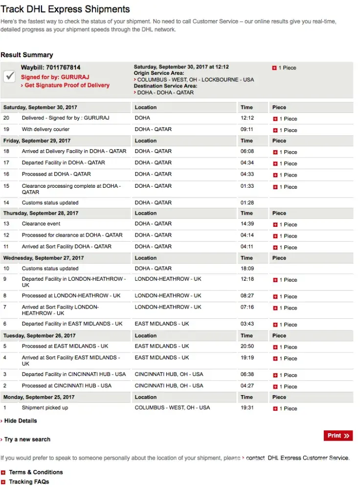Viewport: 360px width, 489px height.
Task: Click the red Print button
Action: pos(338,436)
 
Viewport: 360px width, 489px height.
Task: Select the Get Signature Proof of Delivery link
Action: pos(67,85)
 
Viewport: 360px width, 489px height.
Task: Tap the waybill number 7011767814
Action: pos(63,67)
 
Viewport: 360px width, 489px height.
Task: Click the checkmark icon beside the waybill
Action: pos(10,76)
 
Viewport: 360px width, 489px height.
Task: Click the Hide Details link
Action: pos(20,421)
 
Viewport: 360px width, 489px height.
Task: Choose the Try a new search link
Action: pos(27,439)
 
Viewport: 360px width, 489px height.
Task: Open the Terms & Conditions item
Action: pos(36,472)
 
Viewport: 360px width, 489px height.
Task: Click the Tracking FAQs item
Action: pos(29,482)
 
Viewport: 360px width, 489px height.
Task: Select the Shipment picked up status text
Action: pos(45,408)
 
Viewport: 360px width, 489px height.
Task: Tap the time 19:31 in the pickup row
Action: pos(247,408)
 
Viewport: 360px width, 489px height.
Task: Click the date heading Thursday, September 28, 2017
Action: pos(41,213)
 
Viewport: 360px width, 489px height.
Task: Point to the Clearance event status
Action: pos(41,224)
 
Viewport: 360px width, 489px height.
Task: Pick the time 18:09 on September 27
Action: pos(247,268)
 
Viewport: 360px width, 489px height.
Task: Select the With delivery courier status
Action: pos(45,130)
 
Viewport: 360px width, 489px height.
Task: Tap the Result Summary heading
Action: pos(27,55)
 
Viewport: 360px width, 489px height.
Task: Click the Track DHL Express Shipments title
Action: pos(65,9)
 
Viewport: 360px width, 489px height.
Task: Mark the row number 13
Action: pos(6,224)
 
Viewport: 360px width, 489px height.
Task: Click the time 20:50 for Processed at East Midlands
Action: pos(247,346)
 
